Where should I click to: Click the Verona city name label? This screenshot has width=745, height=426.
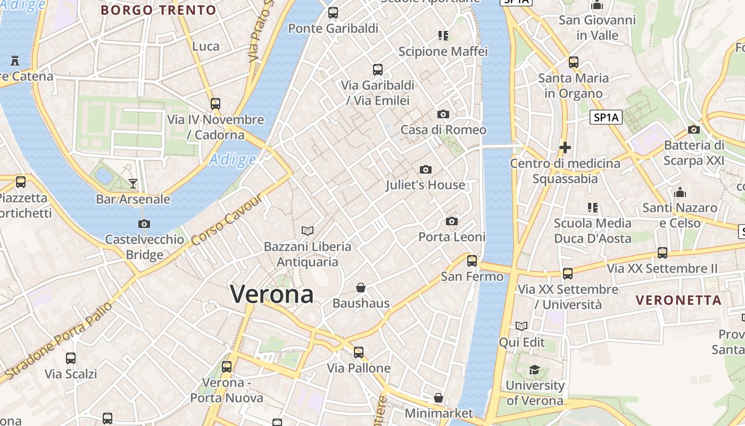pos(272,293)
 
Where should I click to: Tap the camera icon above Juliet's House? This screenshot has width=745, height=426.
pos(425,169)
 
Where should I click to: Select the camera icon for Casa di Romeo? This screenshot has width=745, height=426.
pos(443,114)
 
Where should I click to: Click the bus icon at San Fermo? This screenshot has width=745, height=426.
pos(472,260)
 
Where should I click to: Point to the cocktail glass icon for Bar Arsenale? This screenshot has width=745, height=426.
pos(133,184)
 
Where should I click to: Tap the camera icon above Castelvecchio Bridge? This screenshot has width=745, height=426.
pos(144,224)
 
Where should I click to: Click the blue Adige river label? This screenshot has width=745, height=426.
pos(233,159)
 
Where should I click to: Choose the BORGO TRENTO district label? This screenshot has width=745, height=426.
pos(158,10)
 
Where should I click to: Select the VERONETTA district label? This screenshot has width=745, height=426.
pos(678,300)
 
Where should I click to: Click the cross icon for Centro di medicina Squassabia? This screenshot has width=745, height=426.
pos(565,147)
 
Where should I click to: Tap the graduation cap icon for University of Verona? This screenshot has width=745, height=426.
pos(534,370)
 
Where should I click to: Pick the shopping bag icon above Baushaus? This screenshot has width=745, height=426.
pos(361,288)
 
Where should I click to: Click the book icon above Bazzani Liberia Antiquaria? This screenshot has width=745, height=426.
pos(308,231)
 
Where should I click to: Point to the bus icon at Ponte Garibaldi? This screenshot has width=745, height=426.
pos(333,12)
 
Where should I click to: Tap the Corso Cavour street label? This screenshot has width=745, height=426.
pos(226,219)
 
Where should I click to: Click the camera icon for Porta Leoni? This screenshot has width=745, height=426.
pos(452,221)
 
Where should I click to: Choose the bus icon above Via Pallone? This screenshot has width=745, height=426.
pos(359,352)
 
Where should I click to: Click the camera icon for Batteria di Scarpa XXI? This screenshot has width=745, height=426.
pos(693,129)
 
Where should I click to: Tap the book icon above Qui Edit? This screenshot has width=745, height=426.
pos(521,326)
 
